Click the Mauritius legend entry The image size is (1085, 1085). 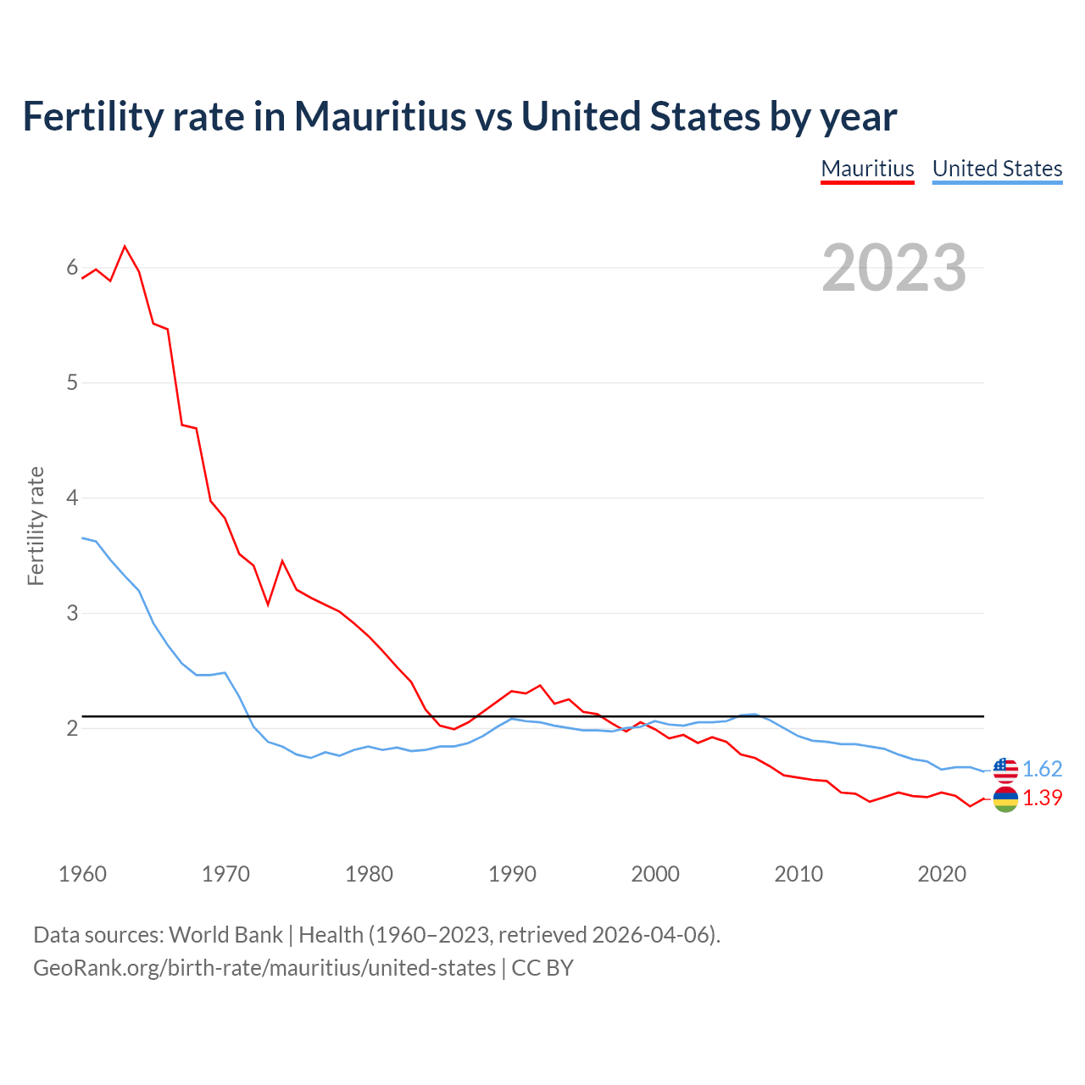pos(867,169)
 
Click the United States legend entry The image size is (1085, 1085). pos(997,169)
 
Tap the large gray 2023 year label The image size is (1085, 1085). pos(893,268)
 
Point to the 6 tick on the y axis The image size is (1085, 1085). pos(72,268)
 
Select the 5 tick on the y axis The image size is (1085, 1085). pos(72,382)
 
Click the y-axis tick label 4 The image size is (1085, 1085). pos(72,498)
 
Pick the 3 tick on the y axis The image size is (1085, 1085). pos(72,613)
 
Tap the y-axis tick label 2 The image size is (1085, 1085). pos(72,728)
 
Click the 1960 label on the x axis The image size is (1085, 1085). pos(82,874)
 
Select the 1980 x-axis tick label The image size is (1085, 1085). pos(369,874)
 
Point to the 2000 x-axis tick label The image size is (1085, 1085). pos(655,874)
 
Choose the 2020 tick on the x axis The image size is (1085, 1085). pos(942,874)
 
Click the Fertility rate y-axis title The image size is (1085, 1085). pos(36,526)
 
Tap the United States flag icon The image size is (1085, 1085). pos(1005,770)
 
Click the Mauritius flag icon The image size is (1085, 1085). pos(1005,798)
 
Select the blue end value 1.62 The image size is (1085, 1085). pos(1042,769)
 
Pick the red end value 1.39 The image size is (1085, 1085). pos(1042,798)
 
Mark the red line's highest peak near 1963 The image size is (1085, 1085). pos(125,247)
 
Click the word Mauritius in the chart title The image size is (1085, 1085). pos(380,116)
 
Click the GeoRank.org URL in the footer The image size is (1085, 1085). pos(264,967)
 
